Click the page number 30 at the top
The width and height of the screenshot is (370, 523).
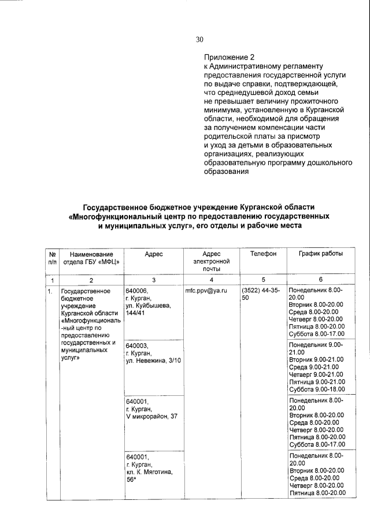click(x=199, y=40)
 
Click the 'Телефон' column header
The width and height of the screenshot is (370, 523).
click(x=263, y=254)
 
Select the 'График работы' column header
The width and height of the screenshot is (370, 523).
click(x=320, y=254)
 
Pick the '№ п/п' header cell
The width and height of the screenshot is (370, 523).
click(x=52, y=258)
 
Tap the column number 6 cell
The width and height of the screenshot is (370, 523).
click(x=320, y=279)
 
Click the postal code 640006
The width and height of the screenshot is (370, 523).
click(x=136, y=290)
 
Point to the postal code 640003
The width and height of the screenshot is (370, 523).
click(x=136, y=345)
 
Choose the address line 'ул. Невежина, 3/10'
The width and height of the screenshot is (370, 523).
click(x=153, y=361)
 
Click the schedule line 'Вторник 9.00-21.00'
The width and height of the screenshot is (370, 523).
click(x=316, y=359)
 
